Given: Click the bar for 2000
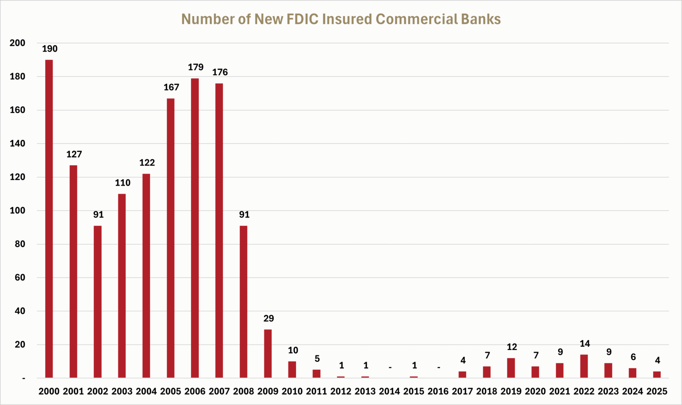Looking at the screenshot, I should pyautogui.click(x=49, y=219).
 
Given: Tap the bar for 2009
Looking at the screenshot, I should pyautogui.click(x=268, y=354).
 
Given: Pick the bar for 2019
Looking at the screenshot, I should pyautogui.click(x=511, y=368).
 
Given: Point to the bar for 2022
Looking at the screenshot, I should pyautogui.click(x=584, y=366).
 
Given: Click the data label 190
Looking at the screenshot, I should pyautogui.click(x=50, y=49).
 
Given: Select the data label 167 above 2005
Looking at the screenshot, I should pyautogui.click(x=171, y=87).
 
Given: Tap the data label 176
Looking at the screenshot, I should pyautogui.click(x=220, y=72).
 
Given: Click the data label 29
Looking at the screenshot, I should pyautogui.click(x=268, y=318).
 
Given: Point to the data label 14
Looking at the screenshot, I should pyautogui.click(x=585, y=344).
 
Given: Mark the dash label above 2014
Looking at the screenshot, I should pyautogui.click(x=390, y=367).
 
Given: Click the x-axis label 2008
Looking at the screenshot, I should pyautogui.click(x=244, y=391).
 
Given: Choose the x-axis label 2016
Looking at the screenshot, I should pyautogui.click(x=438, y=391).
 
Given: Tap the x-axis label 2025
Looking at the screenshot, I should pyautogui.click(x=657, y=391).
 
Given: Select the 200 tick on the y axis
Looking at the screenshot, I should pyautogui.click(x=17, y=43).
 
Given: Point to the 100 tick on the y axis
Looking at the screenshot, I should pyautogui.click(x=17, y=211).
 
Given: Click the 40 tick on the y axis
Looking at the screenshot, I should pyautogui.click(x=19, y=311).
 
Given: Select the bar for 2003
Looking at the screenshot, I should pyautogui.click(x=122, y=286).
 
